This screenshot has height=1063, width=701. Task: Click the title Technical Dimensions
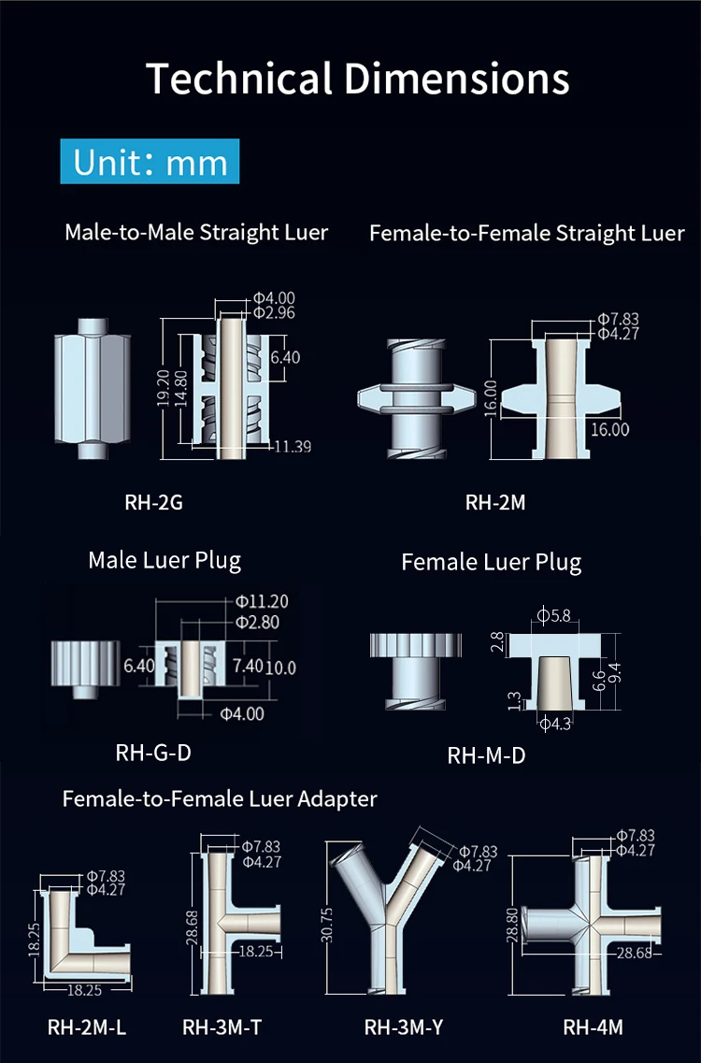pyautogui.click(x=358, y=79)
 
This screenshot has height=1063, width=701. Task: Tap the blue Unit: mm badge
pyautogui.click(x=150, y=162)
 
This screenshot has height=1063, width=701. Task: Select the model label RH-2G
pyautogui.click(x=153, y=503)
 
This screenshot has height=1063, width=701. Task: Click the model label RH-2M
pyautogui.click(x=495, y=503)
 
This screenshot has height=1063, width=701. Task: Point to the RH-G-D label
pyautogui.click(x=153, y=752)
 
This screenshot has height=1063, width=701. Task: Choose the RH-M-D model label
pyautogui.click(x=486, y=755)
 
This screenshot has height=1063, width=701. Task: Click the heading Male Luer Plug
pyautogui.click(x=165, y=560)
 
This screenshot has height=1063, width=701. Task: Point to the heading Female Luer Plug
pyautogui.click(x=492, y=563)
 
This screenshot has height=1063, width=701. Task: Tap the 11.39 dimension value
pyautogui.click(x=292, y=447)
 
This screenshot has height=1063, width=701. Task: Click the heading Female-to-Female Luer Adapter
pyautogui.click(x=220, y=798)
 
